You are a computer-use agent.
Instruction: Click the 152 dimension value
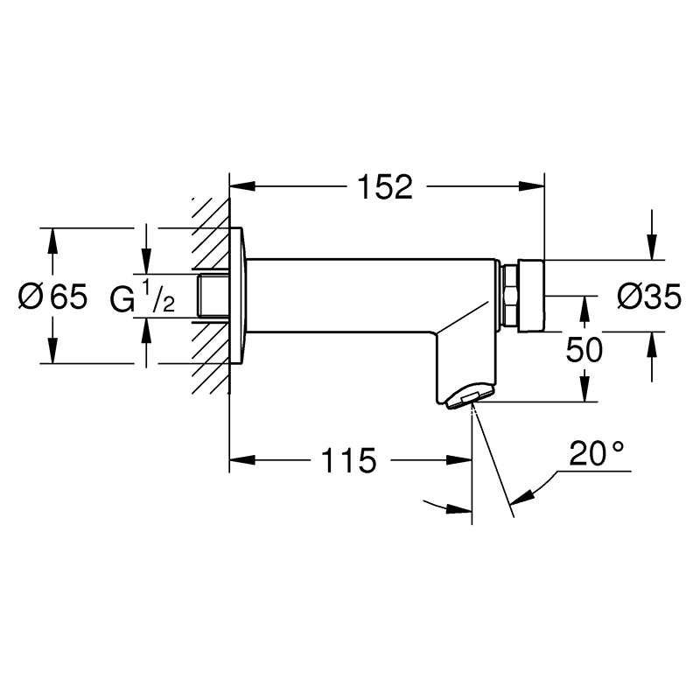(386, 187)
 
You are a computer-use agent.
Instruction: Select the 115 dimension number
(348, 461)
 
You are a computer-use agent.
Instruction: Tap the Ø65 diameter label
(52, 297)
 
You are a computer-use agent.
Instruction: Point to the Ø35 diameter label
(649, 297)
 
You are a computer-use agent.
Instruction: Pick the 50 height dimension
(584, 349)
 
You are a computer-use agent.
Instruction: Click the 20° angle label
(596, 453)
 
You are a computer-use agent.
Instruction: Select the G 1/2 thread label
(142, 297)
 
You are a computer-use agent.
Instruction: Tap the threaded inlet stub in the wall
(213, 296)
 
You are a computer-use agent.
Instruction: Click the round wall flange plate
(238, 296)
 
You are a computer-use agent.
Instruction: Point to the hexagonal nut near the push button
(510, 296)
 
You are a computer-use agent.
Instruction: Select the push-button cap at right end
(531, 296)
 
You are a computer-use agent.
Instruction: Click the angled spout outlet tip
(470, 397)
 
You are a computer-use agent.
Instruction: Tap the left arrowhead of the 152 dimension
(242, 186)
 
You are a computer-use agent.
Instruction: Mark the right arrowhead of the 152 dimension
(532, 186)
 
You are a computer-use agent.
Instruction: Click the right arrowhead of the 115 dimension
(458, 460)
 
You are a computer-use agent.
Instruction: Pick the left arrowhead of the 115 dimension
(242, 460)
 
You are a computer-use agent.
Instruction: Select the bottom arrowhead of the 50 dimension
(584, 388)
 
